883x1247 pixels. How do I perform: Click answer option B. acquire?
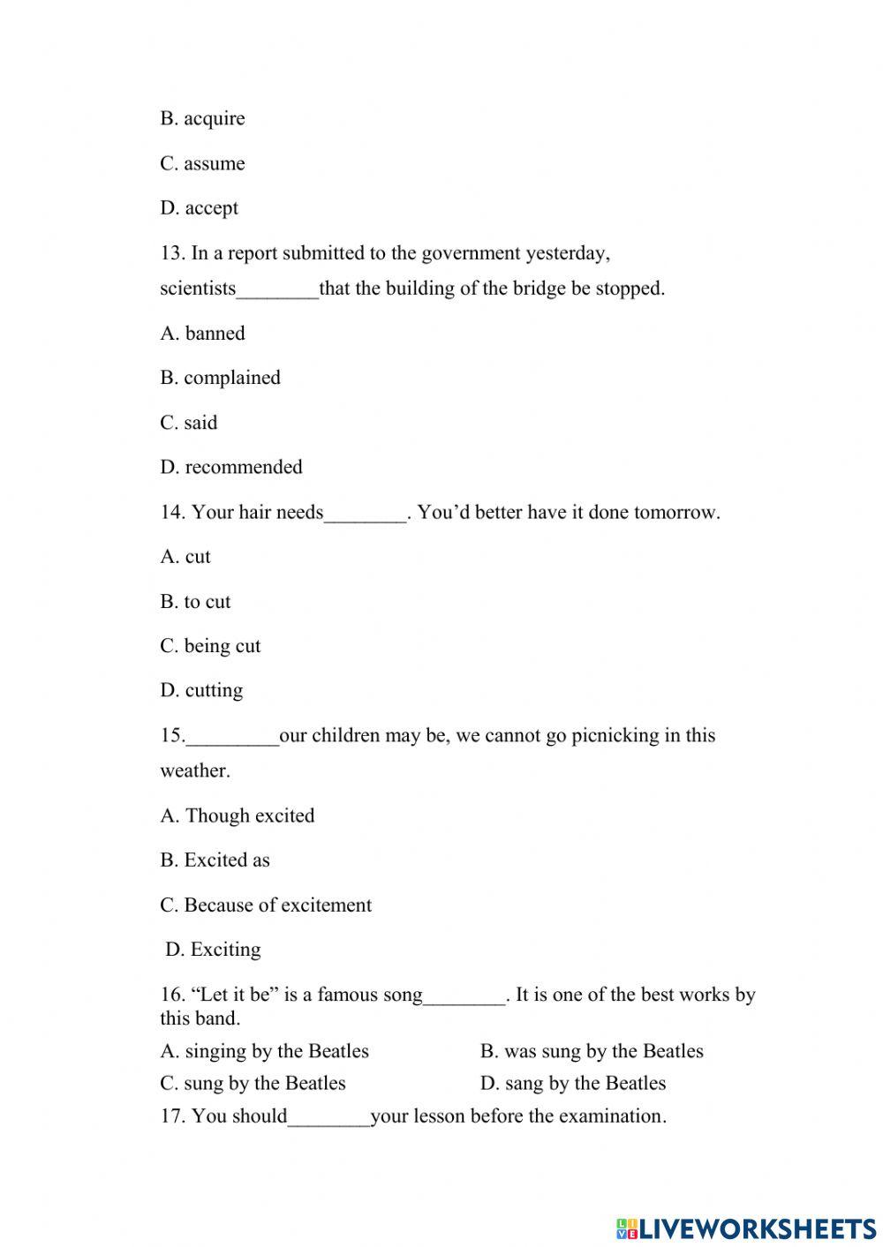[202, 118]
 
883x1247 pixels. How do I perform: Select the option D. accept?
[199, 208]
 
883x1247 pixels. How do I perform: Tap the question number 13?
[171, 253]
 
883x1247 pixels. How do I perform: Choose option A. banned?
[202, 334]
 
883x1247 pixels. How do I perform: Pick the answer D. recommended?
[230, 467]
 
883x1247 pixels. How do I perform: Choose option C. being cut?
[210, 646]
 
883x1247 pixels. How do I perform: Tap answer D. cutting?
[201, 690]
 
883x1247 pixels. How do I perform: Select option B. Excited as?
[215, 860]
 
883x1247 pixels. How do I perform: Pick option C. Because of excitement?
[265, 905]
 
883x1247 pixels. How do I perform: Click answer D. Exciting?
[213, 950]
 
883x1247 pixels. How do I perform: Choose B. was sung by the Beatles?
[592, 1051]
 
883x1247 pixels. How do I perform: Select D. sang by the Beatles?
[572, 1083]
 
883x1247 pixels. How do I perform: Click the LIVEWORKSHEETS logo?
[746, 1228]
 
